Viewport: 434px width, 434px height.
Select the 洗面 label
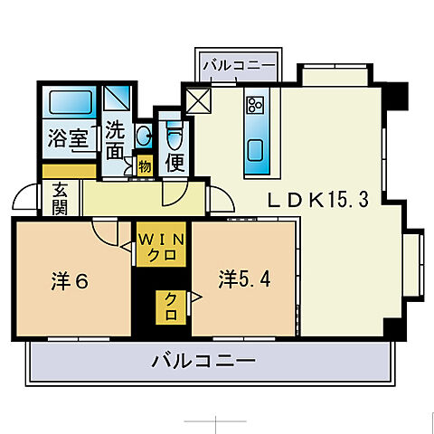pos(115,141)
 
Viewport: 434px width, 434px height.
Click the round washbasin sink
pos(143,136)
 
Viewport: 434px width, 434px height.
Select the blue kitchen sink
pos(256,148)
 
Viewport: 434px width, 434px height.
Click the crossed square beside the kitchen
pos(196,99)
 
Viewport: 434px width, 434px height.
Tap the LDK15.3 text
pos(317,201)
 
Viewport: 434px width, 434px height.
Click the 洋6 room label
pos(69,281)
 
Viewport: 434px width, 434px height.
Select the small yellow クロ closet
pos(169,307)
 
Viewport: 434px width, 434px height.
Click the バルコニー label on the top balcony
pos(241,66)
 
